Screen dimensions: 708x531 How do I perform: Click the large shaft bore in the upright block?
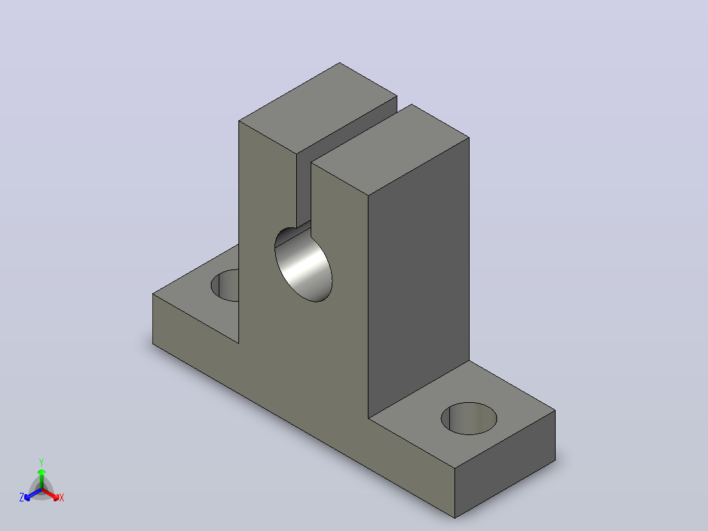click(303, 265)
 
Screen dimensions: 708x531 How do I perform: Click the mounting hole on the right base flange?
click(469, 419)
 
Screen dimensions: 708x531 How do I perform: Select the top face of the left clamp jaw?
click(318, 108)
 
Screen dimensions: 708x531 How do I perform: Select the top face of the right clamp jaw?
click(390, 150)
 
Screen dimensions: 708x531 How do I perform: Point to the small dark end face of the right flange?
click(505, 464)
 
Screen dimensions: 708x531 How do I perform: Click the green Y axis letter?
click(41, 462)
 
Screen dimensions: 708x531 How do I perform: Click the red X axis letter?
click(62, 497)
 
